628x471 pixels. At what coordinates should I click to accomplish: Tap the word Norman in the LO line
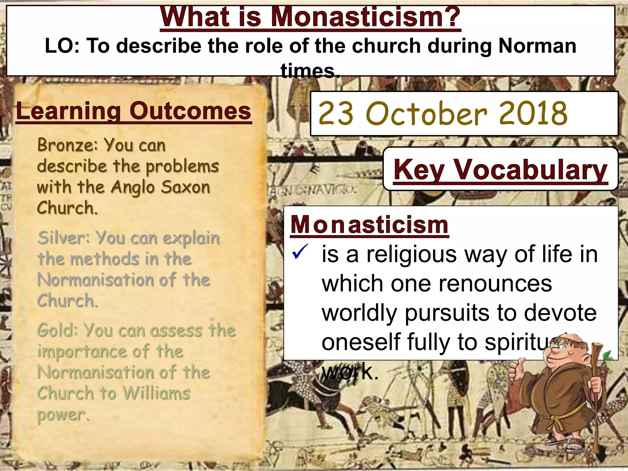click(537, 46)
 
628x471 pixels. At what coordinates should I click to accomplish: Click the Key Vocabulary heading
click(500, 170)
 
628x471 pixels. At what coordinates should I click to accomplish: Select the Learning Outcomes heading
click(133, 111)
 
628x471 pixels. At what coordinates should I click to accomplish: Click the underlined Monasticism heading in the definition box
click(369, 225)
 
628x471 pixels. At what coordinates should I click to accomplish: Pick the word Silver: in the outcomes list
click(64, 238)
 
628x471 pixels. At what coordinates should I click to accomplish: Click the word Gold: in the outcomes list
click(57, 331)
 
